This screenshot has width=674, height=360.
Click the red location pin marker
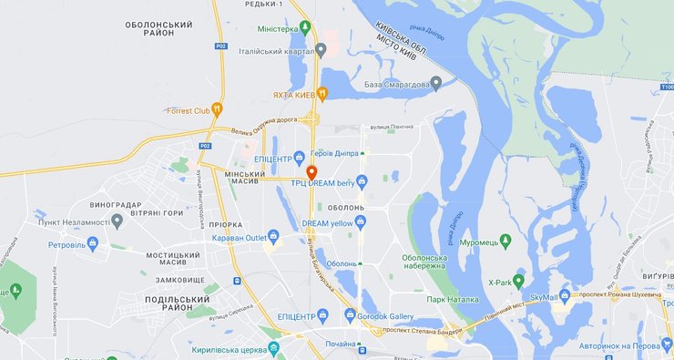pos(311,172)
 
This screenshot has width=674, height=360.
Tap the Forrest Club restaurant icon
pos(217,110)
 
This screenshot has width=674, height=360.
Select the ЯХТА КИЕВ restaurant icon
pos(322,94)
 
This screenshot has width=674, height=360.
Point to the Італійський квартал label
pos(278,50)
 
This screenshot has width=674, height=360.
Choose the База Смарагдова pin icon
pos(436,84)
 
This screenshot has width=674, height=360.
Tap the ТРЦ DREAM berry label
pos(321,182)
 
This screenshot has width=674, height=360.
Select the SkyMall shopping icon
pos(566,296)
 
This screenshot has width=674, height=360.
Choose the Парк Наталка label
pos(453,299)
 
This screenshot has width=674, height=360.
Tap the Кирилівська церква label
pos(227,349)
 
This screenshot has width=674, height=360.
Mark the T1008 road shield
pos(668,87)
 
